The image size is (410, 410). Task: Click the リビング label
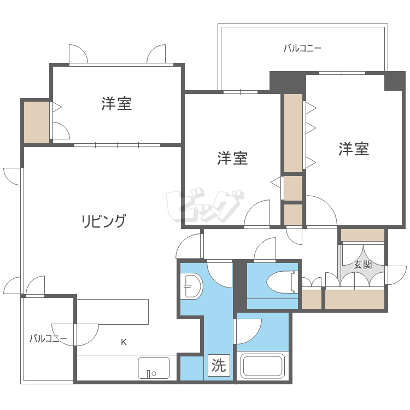pos(104,221)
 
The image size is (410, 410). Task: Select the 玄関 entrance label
pos(362,265)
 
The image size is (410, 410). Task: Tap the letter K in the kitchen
pos(124,342)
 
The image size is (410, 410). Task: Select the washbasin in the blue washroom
pos(192,285)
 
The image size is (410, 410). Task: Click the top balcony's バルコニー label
pos(302,48)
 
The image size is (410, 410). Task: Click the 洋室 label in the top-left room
pos(116,103)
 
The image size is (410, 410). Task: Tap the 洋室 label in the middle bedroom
pos(232,159)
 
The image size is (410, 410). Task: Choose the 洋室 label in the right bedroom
pos(353,149)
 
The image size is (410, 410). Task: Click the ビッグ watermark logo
pos(205,207)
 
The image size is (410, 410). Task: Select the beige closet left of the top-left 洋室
pos(36,122)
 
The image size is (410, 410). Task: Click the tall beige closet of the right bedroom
pos(293,133)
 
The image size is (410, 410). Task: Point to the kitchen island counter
pos(113,312)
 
